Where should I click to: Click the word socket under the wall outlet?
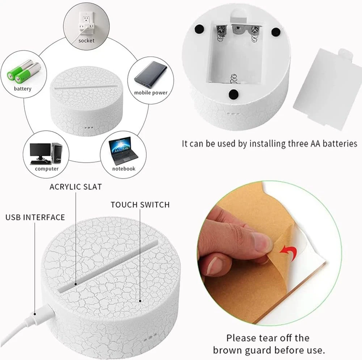point(87,41)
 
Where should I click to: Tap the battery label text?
point(22,89)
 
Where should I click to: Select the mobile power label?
point(151,93)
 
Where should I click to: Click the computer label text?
point(47,169)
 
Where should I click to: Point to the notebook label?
point(124,169)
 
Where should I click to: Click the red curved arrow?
point(289,252)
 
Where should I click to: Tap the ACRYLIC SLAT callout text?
point(76,187)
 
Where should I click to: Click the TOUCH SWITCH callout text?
point(140,205)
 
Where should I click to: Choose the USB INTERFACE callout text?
point(35,217)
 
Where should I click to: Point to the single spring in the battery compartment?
point(233,79)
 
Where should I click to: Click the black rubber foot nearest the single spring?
point(233,94)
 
